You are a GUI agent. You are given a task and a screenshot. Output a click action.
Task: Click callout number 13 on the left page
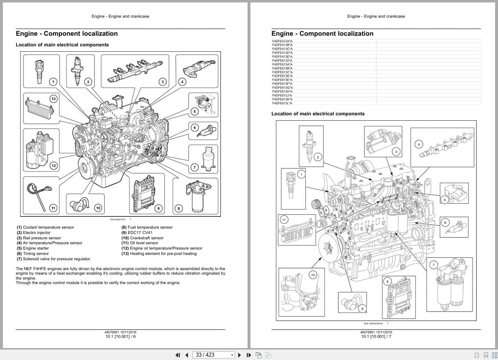click(53, 99)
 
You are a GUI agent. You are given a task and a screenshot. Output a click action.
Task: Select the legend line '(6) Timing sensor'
click(33, 254)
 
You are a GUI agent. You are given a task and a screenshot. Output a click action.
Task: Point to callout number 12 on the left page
click(53, 166)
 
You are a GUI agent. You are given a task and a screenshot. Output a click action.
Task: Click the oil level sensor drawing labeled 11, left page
click(39, 193)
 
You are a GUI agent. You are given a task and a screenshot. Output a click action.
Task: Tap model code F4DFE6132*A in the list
click(282, 60)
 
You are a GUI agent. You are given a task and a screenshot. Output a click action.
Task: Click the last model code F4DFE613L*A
click(282, 103)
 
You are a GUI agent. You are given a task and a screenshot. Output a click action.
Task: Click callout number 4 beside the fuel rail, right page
click(418, 144)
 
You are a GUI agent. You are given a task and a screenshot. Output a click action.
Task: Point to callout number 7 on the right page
click(434, 265)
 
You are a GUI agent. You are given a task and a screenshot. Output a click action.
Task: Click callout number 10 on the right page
click(313, 275)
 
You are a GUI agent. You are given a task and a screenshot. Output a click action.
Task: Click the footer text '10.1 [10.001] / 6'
click(120, 337)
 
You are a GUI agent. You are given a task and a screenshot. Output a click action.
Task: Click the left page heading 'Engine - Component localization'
click(67, 34)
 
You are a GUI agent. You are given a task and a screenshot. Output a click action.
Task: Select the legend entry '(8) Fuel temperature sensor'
click(147, 227)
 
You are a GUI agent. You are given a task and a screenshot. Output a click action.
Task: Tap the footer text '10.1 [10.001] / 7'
click(376, 337)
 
